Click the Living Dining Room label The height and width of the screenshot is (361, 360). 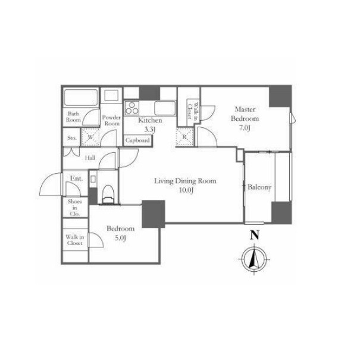coord(185,181)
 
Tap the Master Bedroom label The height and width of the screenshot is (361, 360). coord(245,114)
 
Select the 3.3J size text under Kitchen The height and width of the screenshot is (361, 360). coord(150,130)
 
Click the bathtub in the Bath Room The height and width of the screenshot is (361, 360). coord(80,98)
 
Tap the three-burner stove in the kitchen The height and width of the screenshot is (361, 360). coord(132,108)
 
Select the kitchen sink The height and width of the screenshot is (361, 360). coord(165,108)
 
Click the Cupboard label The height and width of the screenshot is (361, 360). coord(137,140)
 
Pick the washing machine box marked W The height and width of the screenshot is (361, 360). coord(90,137)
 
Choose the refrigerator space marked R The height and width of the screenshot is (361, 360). coord(184,137)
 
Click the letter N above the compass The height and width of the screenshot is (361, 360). coord(255,236)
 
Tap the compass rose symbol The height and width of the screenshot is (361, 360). coord(254,259)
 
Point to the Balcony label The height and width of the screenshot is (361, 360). coord(259,187)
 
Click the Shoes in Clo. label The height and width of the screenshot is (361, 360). coord(74,208)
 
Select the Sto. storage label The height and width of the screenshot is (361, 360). coord(72,138)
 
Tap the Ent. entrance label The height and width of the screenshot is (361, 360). coord(76,178)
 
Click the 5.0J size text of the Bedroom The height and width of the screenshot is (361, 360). coord(120,238)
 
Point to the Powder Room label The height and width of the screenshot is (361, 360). coord(111,120)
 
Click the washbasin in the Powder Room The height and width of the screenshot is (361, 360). coord(111,95)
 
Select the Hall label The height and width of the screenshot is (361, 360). coord(90,158)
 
